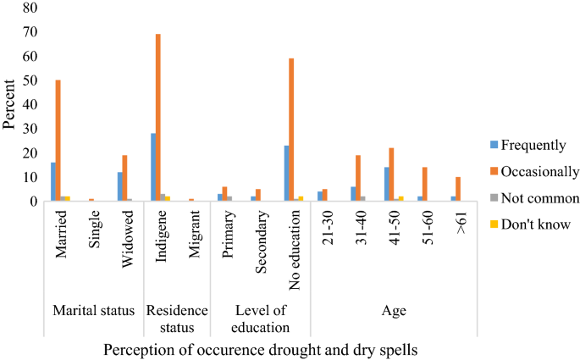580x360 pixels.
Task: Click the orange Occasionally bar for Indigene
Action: point(158,118)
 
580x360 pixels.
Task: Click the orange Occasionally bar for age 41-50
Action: point(391,174)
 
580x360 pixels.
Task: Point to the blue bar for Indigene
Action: point(152,168)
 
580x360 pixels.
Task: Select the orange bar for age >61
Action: point(458,190)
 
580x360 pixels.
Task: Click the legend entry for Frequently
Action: point(528,144)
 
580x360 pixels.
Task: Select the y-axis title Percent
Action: point(9,104)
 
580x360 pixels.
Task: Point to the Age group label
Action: point(392,311)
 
